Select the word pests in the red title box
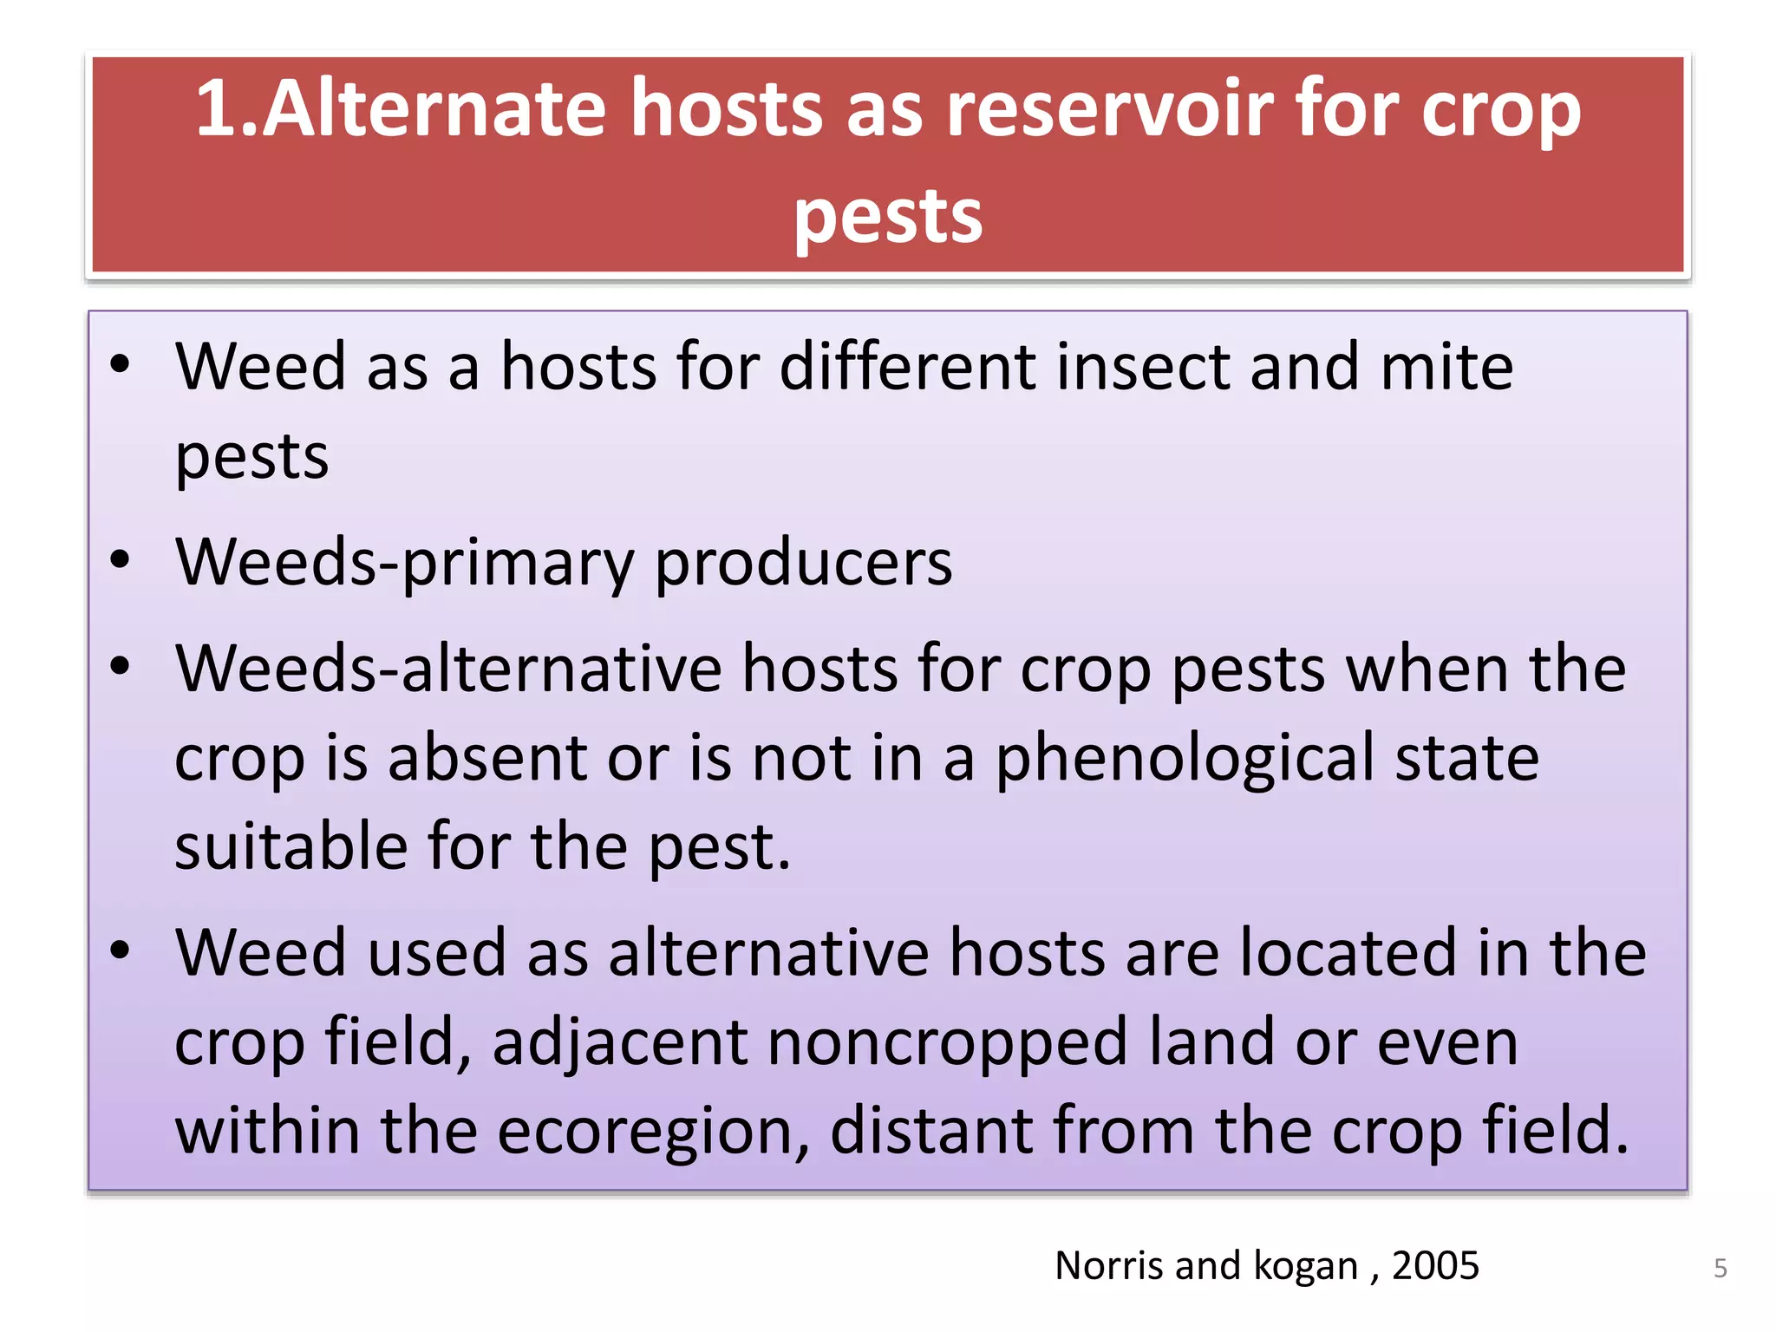tap(888, 217)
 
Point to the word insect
tap(1142, 367)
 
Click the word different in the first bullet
tap(907, 367)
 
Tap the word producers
tap(803, 563)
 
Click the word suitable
tap(291, 846)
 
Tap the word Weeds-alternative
tap(448, 669)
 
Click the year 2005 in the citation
tap(1435, 1266)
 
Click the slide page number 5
tap(1720, 1269)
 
